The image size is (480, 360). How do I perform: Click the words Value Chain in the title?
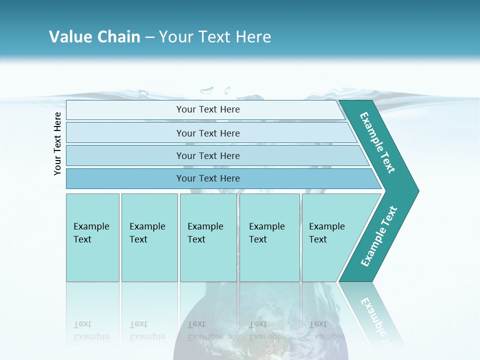tap(94, 37)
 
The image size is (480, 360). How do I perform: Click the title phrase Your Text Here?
tap(215, 37)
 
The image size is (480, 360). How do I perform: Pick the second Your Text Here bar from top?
tap(208, 133)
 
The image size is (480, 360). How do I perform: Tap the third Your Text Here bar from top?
tap(208, 155)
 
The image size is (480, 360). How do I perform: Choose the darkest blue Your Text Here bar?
tap(208, 178)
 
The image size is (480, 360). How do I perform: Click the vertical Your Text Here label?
tap(57, 143)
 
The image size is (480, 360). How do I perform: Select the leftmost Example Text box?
tap(92, 237)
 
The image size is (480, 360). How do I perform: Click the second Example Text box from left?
tap(149, 237)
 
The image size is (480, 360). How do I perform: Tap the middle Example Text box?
tap(208, 237)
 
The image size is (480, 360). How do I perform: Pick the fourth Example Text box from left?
tap(269, 237)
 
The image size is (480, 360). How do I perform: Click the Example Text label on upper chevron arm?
tap(377, 142)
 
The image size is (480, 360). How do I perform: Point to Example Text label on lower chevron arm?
tap(379, 236)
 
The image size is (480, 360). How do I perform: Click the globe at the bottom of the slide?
tap(260, 330)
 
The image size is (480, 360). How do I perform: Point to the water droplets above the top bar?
tap(215, 91)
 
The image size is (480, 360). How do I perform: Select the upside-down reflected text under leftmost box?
tap(91, 330)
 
